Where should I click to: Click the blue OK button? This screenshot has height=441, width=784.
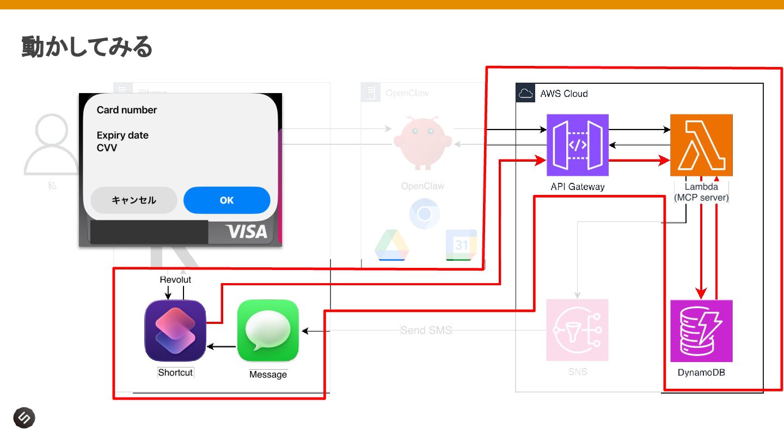226,200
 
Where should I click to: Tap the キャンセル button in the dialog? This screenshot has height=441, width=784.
134,200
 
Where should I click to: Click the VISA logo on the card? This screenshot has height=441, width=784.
247,231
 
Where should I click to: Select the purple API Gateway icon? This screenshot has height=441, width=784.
578,145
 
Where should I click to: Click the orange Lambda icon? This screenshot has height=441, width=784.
701,145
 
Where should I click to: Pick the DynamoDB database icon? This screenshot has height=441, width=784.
701,331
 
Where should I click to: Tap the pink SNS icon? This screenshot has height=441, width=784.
578,330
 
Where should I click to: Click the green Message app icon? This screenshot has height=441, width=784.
268,330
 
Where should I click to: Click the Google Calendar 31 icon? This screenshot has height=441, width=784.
461,245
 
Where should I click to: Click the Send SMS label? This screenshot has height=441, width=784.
426,330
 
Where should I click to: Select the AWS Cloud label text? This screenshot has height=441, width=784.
563,94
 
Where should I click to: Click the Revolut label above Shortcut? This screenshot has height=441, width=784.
175,280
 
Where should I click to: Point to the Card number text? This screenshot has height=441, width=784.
127,110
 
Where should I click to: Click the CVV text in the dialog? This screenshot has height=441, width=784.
107,148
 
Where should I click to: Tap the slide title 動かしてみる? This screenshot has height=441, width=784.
87,47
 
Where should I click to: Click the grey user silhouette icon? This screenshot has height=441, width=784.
52,144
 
